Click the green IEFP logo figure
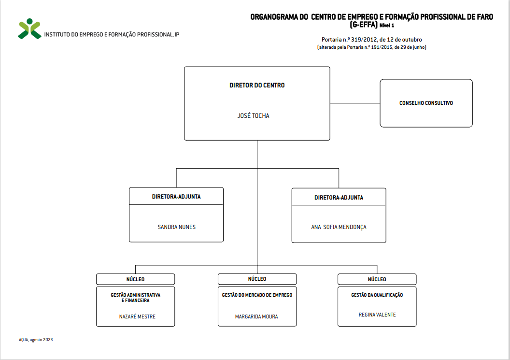click(29, 29)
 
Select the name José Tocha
click(254, 115)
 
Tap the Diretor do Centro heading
click(257, 85)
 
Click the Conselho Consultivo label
click(426, 103)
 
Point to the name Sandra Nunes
click(177, 227)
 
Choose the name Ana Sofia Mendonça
click(339, 227)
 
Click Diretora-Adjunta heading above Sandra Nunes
click(176, 197)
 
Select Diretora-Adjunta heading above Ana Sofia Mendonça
click(339, 198)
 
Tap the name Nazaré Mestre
click(137, 317)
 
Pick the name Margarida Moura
click(256, 317)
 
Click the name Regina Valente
click(377, 315)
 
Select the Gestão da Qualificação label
click(377, 295)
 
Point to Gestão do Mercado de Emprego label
click(257, 295)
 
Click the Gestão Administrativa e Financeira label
click(136, 298)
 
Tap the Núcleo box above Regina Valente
click(377, 279)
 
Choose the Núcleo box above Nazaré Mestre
click(135, 279)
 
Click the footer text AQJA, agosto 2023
click(36, 340)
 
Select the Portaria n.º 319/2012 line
click(372, 40)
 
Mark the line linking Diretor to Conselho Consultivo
click(355, 103)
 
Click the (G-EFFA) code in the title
click(364, 25)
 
